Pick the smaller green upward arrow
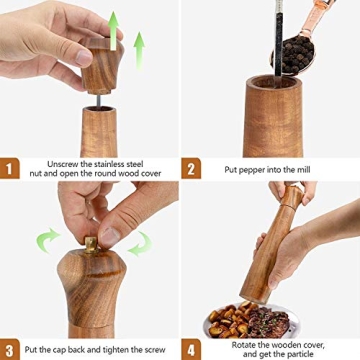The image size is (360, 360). click(x=138, y=47)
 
